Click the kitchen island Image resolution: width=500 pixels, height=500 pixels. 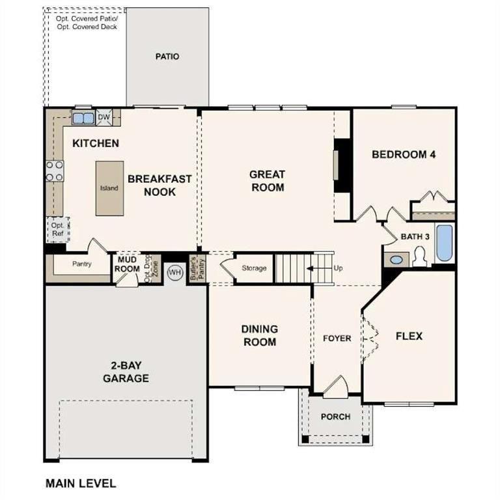(x=109, y=188)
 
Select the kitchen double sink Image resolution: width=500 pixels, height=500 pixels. (x=83, y=118)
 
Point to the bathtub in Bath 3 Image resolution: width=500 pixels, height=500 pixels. (x=444, y=243)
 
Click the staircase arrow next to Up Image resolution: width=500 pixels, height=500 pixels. (x=318, y=268)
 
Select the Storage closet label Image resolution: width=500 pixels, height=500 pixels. (x=254, y=268)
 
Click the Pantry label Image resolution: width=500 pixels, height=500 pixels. (x=81, y=264)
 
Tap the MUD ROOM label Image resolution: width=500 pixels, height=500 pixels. (x=128, y=264)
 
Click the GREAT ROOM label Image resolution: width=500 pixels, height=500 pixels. (x=267, y=180)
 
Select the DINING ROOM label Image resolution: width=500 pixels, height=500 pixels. (x=259, y=335)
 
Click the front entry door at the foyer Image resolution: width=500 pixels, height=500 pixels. (x=337, y=387)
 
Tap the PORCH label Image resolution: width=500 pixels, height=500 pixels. (x=336, y=417)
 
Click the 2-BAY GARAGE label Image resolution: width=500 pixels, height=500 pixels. (x=126, y=372)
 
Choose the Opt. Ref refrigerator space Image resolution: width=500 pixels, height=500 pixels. (x=57, y=229)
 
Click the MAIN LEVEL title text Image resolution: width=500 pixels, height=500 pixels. (x=81, y=483)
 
